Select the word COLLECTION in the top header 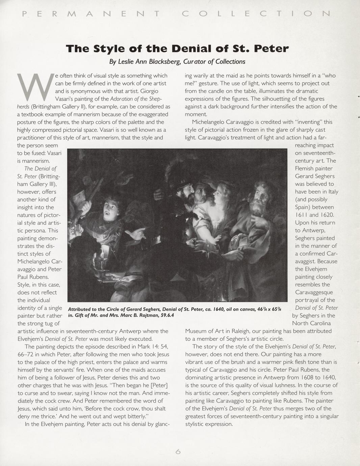point(256,14)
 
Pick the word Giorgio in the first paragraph point(149,91)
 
